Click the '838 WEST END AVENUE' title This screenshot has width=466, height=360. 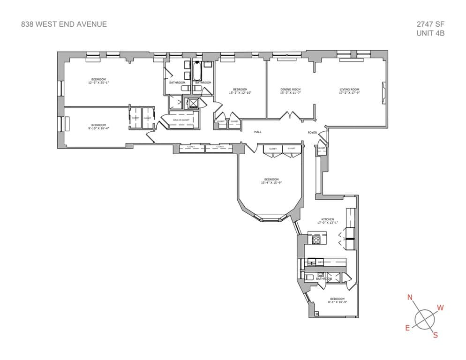click(x=64, y=24)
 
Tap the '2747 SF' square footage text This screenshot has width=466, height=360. click(x=430, y=24)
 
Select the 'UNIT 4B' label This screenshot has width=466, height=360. click(x=430, y=33)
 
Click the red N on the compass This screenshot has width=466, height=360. click(x=410, y=297)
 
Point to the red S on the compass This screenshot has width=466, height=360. click(x=435, y=335)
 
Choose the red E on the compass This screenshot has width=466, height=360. click(x=408, y=328)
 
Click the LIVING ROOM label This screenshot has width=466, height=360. click(x=349, y=89)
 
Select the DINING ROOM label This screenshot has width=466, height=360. click(x=290, y=89)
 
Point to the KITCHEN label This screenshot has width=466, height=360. click(x=327, y=219)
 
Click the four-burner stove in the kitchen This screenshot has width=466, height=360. click(x=316, y=240)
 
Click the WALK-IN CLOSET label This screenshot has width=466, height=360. click(x=181, y=120)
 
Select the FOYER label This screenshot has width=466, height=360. click(x=312, y=133)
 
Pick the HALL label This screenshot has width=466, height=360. click(x=257, y=132)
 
